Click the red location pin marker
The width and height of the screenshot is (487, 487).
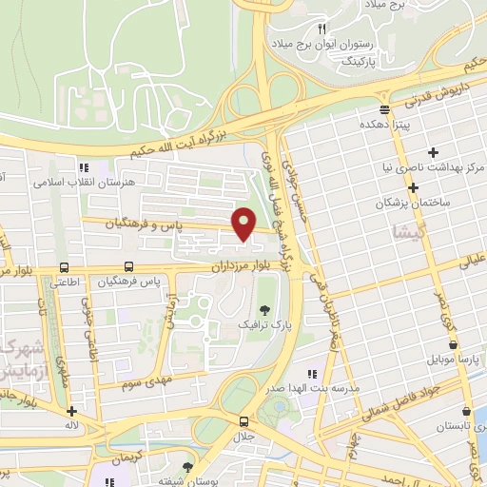pos(243,223)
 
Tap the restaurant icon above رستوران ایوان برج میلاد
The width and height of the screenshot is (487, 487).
pos(321,29)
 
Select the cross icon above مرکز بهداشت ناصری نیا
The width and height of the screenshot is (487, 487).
pos(434,152)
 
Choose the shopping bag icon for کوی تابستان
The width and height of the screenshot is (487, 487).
pos(465,412)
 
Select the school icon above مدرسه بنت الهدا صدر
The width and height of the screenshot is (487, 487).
pos(310,373)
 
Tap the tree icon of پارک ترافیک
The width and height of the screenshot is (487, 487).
pos(264,310)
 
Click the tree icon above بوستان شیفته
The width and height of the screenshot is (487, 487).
pos(187,467)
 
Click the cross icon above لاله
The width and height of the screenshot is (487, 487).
pos(72,412)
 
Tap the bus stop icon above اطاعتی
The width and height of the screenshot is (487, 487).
pos(63,268)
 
